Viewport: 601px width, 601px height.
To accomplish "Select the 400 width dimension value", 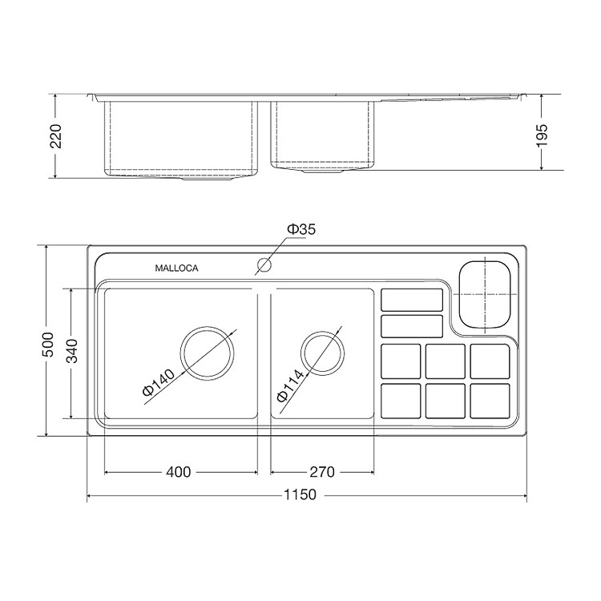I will click(x=179, y=472).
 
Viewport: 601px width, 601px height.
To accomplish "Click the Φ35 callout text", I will click(x=302, y=230).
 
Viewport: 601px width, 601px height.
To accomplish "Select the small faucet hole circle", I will click(x=263, y=264).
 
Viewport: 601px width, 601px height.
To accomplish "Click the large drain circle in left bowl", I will click(x=208, y=353).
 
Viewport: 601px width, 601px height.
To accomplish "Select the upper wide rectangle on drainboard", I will click(x=411, y=299).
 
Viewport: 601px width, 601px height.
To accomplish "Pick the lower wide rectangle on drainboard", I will click(x=411, y=326).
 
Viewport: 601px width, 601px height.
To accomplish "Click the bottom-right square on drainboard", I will click(x=490, y=400).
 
